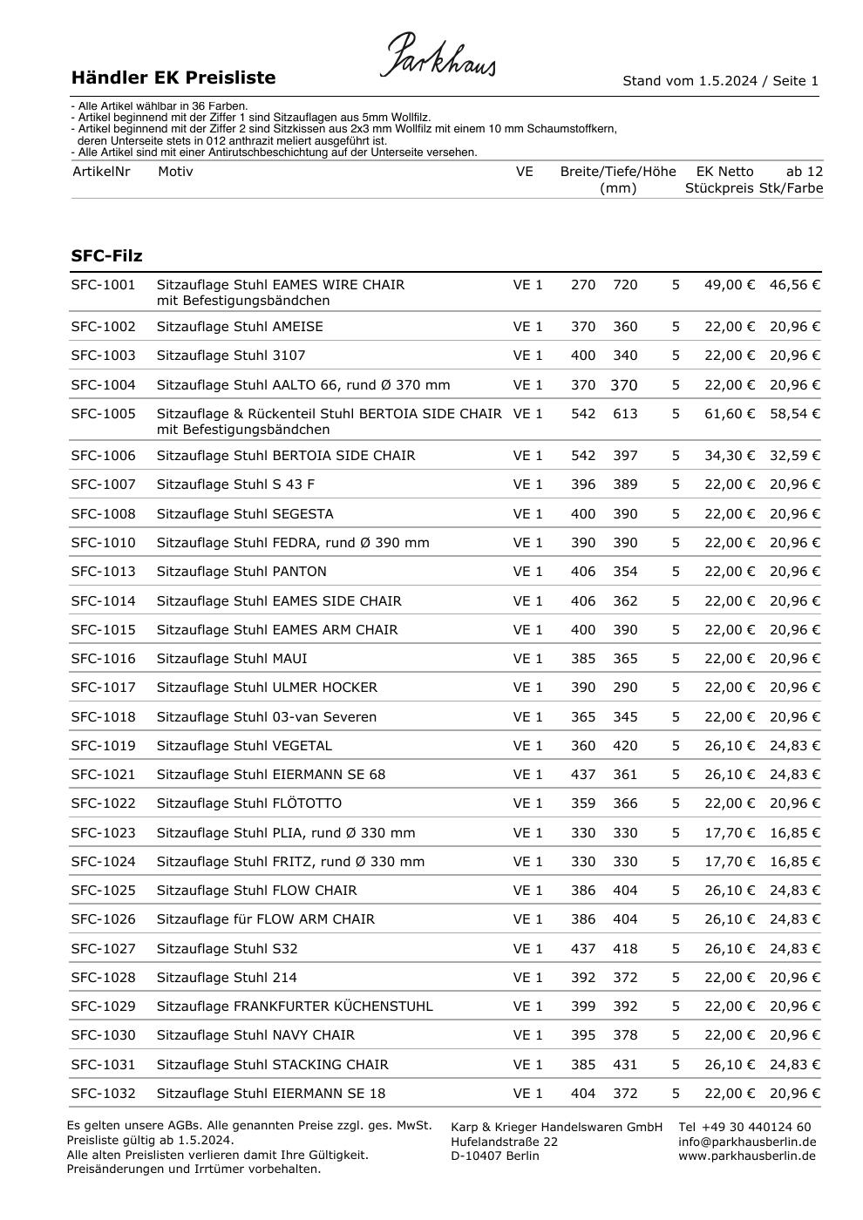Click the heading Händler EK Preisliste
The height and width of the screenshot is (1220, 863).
(173, 78)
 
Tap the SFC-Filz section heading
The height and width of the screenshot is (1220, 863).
(106, 256)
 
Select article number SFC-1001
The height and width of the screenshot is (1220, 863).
(103, 285)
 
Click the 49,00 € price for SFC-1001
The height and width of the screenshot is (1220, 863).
(729, 285)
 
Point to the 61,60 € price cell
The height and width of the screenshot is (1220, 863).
(729, 414)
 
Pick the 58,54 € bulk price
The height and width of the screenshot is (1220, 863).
(794, 414)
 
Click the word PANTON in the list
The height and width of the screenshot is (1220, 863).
(299, 572)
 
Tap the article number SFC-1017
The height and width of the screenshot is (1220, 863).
(103, 688)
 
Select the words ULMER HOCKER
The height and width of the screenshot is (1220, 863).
(324, 688)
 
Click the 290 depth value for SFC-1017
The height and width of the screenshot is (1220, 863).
(625, 688)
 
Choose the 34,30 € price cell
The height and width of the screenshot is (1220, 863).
(729, 456)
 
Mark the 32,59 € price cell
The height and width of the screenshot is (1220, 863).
(794, 456)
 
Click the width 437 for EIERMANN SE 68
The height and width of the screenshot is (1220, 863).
(583, 775)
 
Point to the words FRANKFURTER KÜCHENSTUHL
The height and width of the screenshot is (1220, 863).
(333, 1006)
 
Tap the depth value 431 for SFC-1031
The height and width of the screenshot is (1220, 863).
(625, 1065)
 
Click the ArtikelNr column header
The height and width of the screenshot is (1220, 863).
(100, 172)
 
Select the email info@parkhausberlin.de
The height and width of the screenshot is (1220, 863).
(747, 1142)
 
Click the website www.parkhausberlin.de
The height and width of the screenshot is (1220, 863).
(747, 1156)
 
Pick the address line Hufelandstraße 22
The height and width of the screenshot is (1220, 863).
(504, 1142)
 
